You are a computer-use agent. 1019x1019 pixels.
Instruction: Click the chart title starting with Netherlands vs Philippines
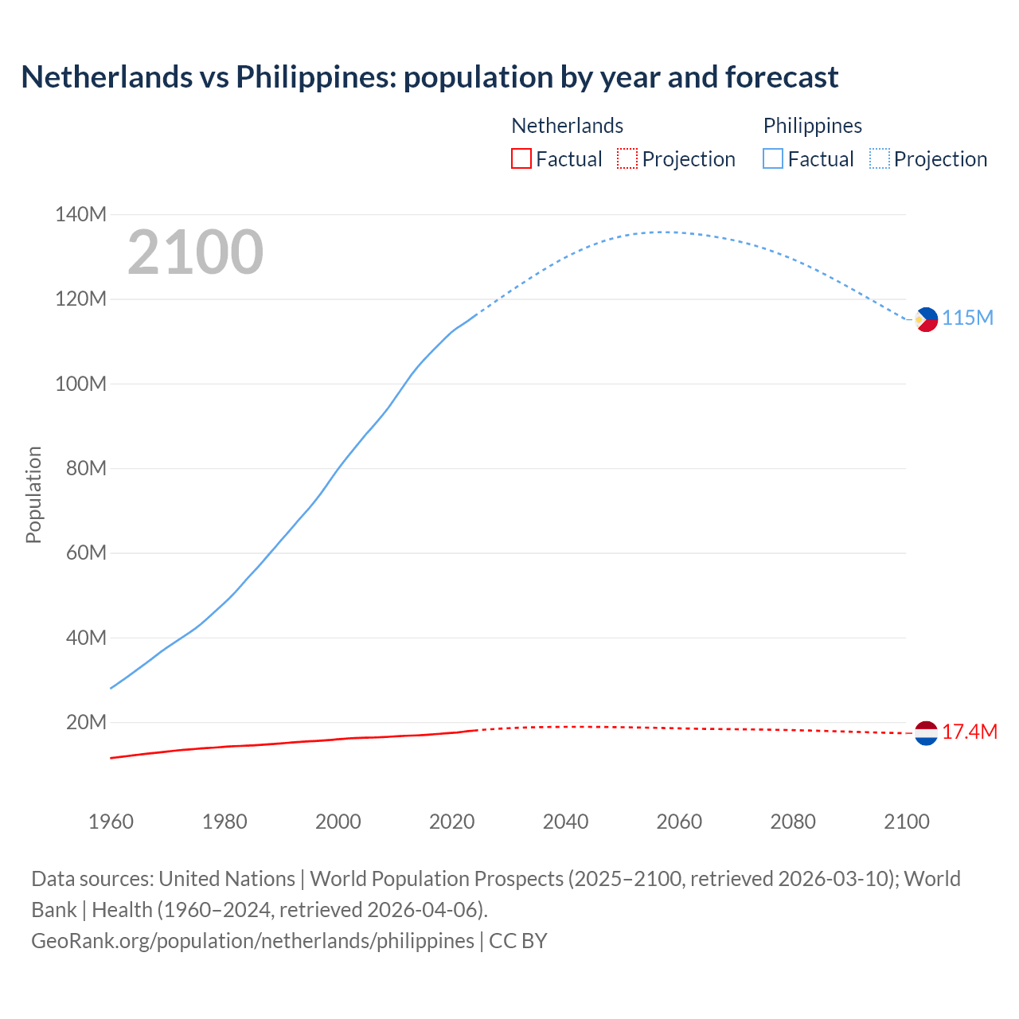(429, 77)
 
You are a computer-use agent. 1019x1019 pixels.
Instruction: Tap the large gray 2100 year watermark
(195, 252)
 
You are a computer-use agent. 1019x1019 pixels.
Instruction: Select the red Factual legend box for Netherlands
(521, 158)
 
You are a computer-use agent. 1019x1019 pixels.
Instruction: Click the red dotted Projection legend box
(627, 158)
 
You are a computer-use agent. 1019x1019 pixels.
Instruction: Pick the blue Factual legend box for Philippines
(772, 158)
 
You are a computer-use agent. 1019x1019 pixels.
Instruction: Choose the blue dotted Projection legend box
(879, 158)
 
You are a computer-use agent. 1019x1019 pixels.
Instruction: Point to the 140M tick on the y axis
(80, 214)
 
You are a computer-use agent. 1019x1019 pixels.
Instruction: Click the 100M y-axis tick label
(80, 384)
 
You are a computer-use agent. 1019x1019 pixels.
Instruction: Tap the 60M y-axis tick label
(86, 552)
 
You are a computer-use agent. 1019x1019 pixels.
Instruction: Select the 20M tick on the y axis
(86, 722)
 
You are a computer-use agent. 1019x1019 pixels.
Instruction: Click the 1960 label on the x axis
(111, 822)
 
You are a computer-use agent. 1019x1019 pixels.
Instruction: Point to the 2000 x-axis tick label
(338, 822)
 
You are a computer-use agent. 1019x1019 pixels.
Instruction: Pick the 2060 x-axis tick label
(679, 822)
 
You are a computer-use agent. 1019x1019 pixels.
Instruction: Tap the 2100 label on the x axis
(906, 822)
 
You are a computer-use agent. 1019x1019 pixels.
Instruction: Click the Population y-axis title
(33, 494)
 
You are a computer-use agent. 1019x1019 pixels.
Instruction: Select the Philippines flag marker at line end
(926, 319)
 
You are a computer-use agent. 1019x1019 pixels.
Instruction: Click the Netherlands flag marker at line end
(926, 732)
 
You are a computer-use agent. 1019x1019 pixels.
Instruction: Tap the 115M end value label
(967, 318)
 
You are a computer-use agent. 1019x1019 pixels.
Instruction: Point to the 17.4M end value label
(969, 732)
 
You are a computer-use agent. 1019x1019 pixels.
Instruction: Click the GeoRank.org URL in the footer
(252, 940)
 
